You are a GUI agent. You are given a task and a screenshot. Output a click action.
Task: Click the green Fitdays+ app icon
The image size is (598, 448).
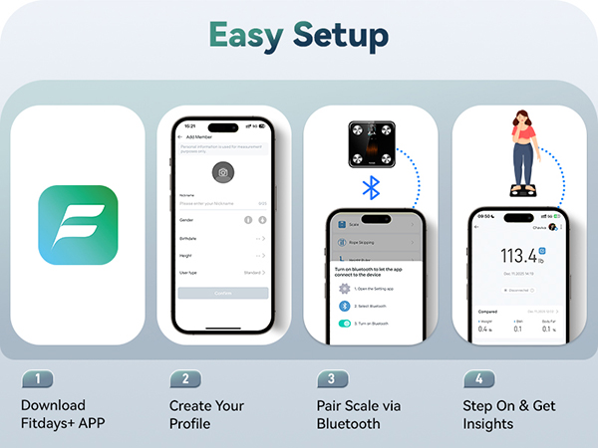78,224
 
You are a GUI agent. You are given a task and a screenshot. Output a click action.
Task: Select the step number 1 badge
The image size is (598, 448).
37,378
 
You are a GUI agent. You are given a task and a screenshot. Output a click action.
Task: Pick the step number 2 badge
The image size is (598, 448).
184,378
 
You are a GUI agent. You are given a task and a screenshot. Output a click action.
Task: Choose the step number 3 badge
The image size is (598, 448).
332,378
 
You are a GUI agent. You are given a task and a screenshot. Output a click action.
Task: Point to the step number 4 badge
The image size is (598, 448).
478,378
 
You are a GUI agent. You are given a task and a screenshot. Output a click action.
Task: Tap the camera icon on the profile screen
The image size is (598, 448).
223,173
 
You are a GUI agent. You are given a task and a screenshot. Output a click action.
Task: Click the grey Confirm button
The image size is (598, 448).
223,294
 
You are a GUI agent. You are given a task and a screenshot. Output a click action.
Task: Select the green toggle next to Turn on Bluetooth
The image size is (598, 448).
345,324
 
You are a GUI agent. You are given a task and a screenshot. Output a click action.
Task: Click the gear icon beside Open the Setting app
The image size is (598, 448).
345,288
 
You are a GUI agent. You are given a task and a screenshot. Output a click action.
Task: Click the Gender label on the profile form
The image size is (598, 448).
186,219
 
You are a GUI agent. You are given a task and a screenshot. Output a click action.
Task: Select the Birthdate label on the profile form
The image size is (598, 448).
187,238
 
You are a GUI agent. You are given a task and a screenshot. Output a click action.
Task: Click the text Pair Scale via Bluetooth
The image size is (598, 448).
355,414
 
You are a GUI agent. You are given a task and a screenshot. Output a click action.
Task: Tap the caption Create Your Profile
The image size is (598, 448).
206,414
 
